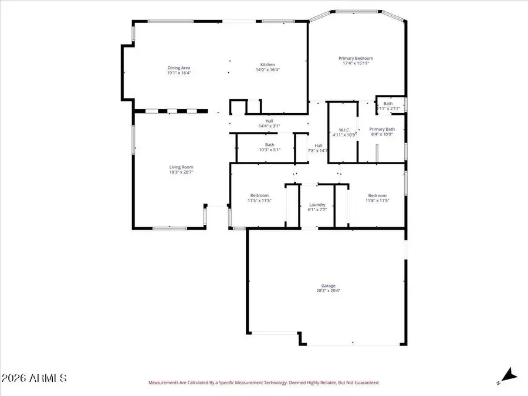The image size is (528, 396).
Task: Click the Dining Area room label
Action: (179, 68)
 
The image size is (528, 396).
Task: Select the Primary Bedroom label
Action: (356, 58)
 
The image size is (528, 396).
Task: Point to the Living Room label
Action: (181, 167)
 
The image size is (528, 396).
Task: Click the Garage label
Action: (328, 286)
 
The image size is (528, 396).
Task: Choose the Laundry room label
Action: (317, 205)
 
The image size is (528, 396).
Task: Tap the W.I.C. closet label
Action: (344, 130)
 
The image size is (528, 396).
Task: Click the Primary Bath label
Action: (382, 129)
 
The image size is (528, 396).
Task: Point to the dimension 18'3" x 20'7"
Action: (181, 172)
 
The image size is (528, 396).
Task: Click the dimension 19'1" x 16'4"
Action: (179, 73)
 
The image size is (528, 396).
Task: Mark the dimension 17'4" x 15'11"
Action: (356, 63)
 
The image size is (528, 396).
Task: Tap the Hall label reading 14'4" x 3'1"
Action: (269, 126)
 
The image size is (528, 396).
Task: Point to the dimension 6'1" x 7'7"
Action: (317, 210)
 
